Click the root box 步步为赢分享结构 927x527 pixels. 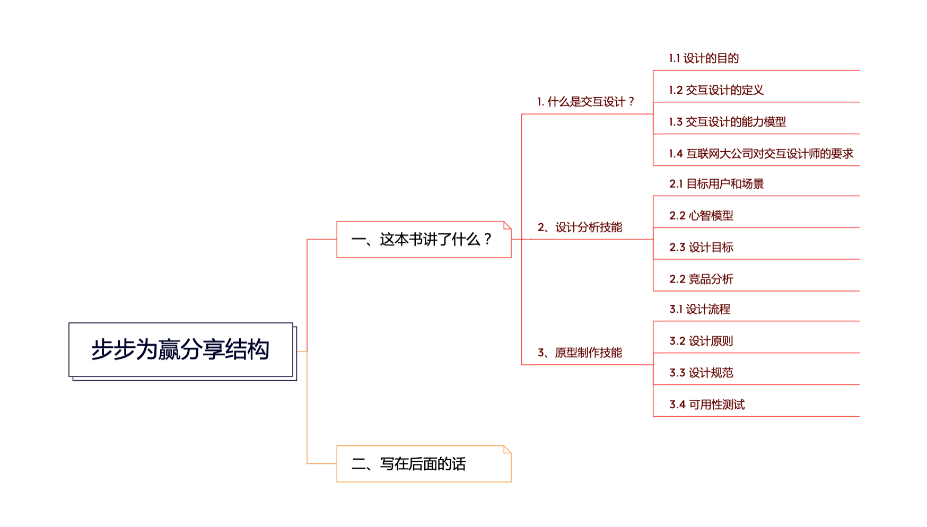click(181, 350)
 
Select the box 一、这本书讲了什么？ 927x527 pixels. click(423, 240)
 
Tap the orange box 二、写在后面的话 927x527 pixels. click(423, 464)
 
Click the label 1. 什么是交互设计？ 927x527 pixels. click(585, 102)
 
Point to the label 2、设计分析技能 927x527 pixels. click(580, 227)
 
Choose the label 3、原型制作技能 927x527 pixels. click(580, 353)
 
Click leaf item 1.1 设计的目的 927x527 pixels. click(704, 58)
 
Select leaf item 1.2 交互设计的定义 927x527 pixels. click(716, 90)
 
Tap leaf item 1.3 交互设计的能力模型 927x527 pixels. click(727, 122)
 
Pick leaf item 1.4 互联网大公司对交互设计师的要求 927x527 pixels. click(760, 154)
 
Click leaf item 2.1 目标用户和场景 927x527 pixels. click(716, 184)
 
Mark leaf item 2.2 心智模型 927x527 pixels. click(701, 216)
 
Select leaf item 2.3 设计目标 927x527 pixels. click(701, 248)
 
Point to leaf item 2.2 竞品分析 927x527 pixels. click(701, 279)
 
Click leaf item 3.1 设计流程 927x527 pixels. click(699, 309)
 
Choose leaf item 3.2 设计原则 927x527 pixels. click(701, 341)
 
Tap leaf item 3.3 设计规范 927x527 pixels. click(701, 373)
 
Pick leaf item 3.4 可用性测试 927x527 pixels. click(707, 405)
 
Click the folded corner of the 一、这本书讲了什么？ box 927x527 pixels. click(508, 225)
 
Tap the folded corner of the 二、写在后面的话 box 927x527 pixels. click(508, 450)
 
